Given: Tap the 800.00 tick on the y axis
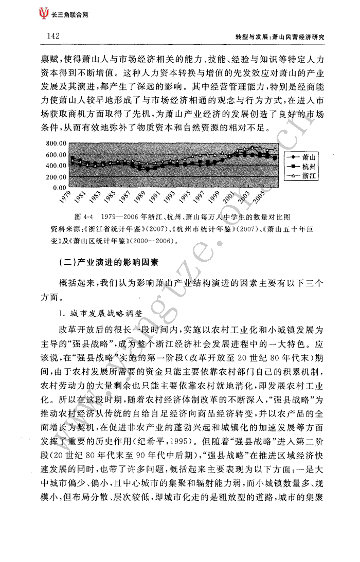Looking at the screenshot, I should (x=56, y=143).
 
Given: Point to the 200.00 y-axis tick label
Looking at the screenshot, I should (x=56, y=177).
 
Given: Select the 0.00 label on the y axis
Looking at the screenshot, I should (x=59, y=188).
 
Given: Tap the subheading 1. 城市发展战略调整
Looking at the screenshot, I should (x=102, y=313).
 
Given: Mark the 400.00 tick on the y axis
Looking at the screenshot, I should (x=56, y=166).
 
